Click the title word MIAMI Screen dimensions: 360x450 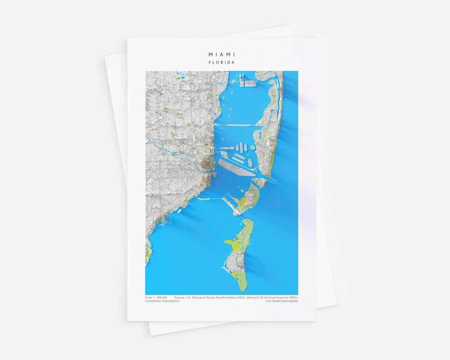[x=222, y=55]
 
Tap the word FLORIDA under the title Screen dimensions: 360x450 [x=222, y=62]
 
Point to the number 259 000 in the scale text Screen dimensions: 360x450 [x=162, y=297]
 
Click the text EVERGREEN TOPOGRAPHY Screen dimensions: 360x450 [x=162, y=301]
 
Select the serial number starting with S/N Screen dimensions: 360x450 [x=282, y=301]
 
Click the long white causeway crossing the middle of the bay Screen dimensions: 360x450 [x=235, y=125]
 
